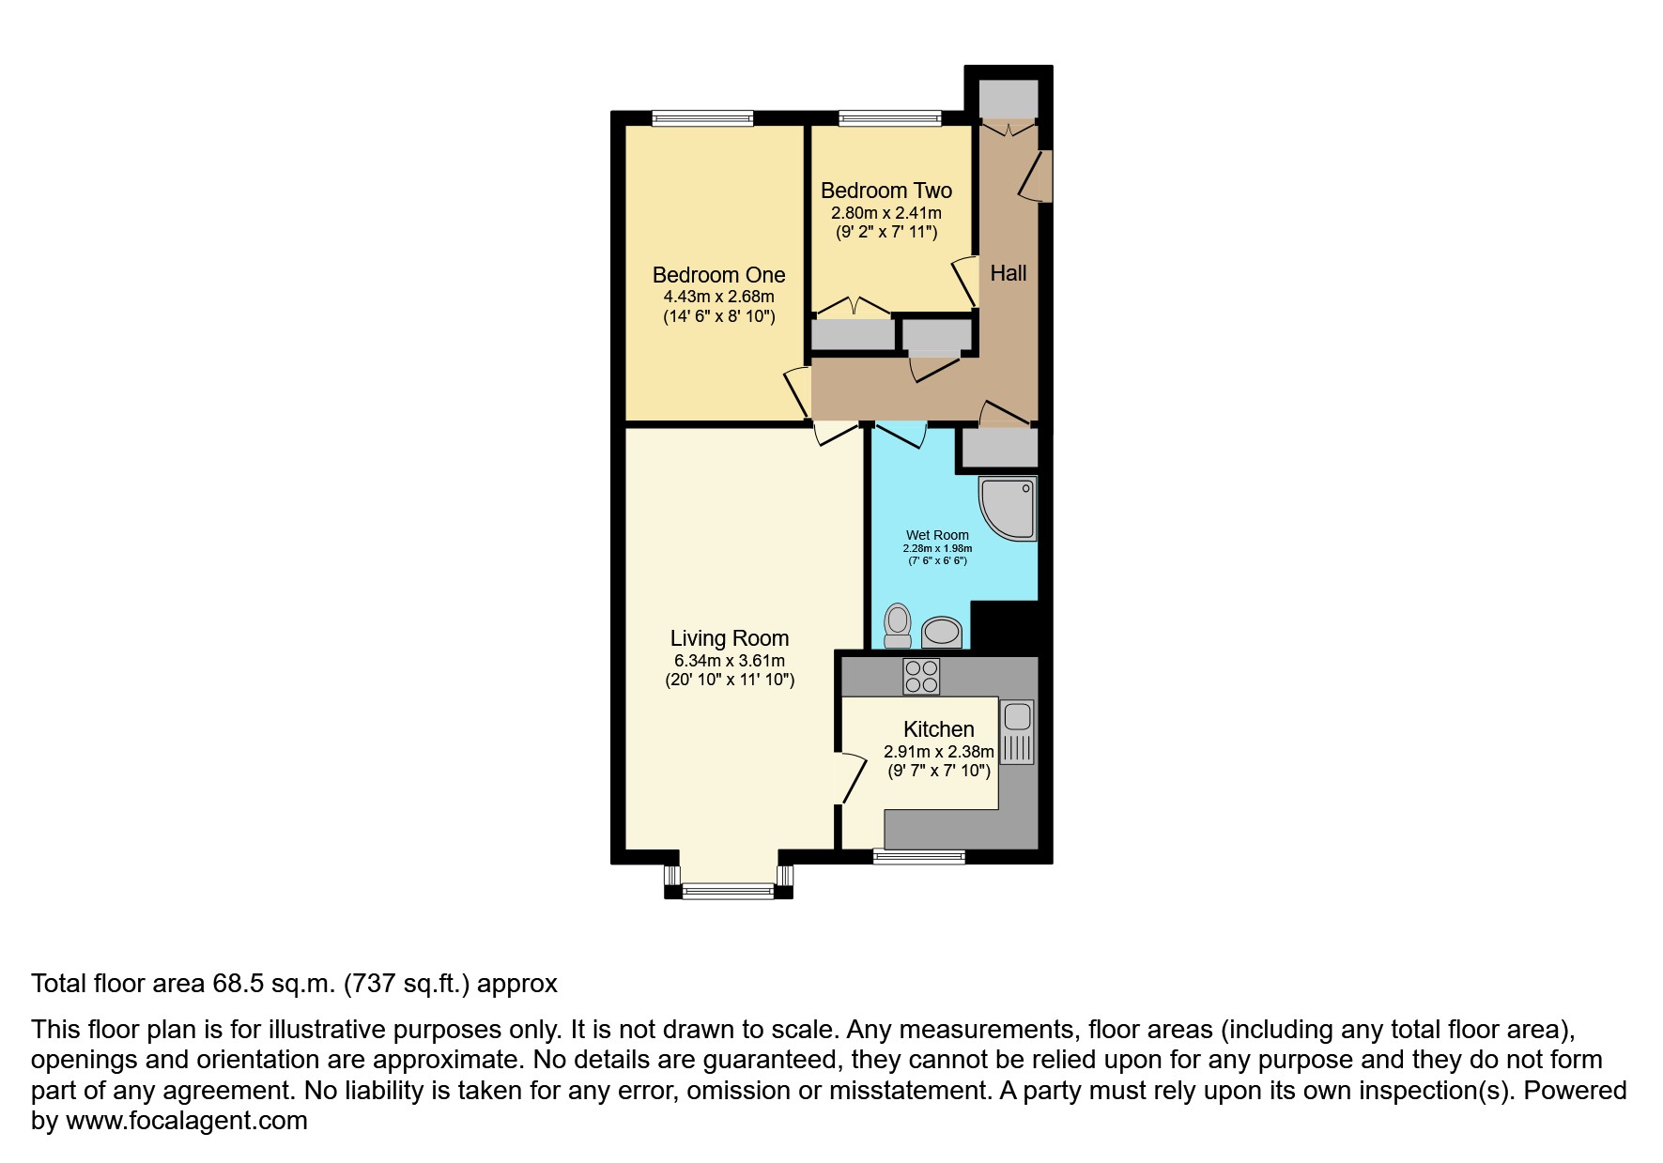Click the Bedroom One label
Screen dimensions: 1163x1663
click(x=718, y=275)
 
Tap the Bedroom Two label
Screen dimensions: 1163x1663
click(x=885, y=191)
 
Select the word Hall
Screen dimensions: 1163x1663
click(x=1009, y=273)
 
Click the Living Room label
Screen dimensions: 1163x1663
click(x=729, y=638)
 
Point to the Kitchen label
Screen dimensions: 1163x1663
click(x=938, y=729)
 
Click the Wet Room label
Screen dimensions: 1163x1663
click(x=937, y=535)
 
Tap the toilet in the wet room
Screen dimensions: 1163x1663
click(x=898, y=625)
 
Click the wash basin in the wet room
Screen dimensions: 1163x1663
click(x=942, y=633)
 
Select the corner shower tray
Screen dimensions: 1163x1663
click(x=1009, y=508)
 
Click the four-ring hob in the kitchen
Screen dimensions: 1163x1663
click(x=920, y=676)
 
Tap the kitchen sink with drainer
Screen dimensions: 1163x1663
click(x=1017, y=731)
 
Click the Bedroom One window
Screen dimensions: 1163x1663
click(x=702, y=118)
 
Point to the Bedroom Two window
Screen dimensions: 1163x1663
click(x=889, y=118)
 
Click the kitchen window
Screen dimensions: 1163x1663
click(x=918, y=855)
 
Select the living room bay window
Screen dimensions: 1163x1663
click(x=729, y=889)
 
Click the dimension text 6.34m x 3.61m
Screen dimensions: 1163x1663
click(x=729, y=661)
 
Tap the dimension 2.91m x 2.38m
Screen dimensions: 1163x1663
click(x=938, y=752)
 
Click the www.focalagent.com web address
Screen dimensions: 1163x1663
click(x=186, y=1121)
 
